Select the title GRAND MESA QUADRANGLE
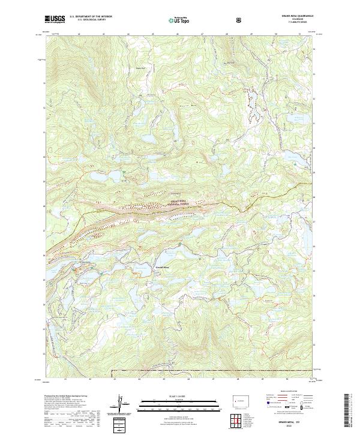point(293,16)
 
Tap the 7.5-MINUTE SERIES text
point(293,23)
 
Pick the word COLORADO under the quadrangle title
point(293,20)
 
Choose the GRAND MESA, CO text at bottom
point(293,422)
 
